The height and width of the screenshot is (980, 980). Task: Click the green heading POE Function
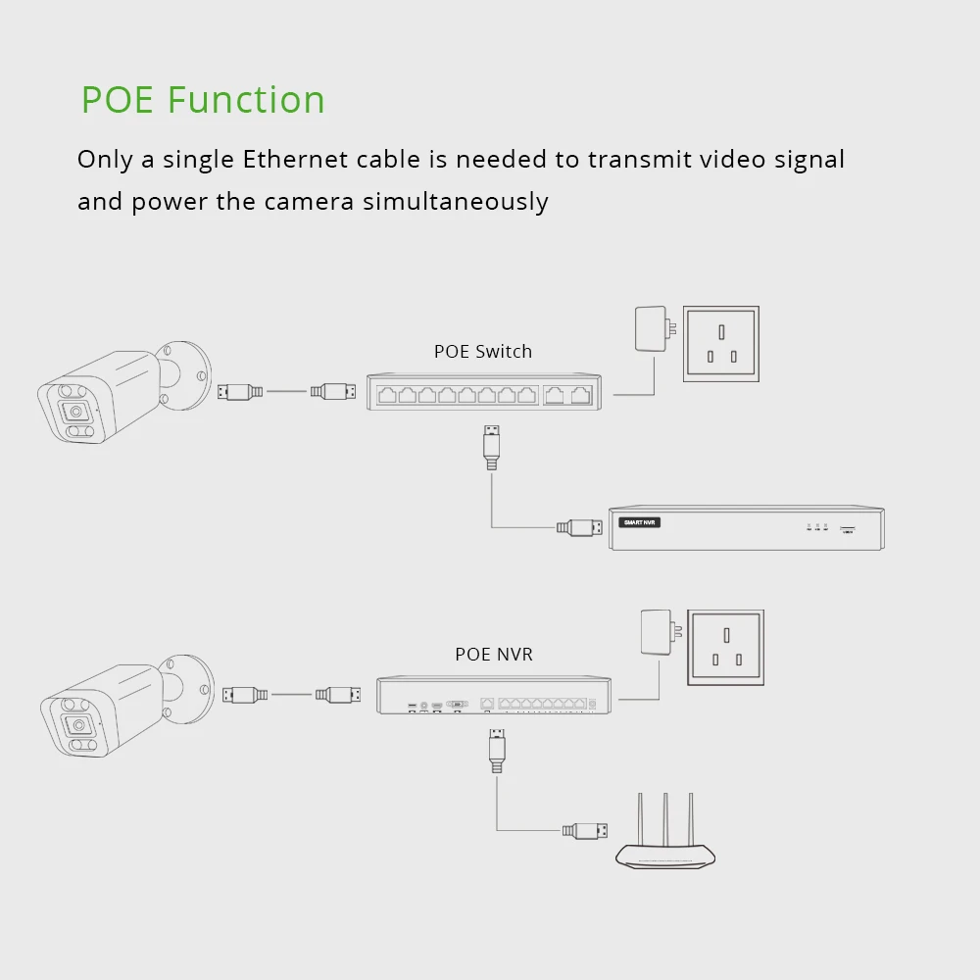point(203,100)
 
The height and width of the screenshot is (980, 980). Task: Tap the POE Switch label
point(482,351)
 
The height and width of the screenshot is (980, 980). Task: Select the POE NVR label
point(493,654)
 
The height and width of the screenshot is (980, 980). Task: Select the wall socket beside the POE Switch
point(719,345)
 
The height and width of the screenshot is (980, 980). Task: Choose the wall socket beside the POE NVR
point(725,648)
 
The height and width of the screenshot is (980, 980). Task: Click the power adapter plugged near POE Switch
point(651,330)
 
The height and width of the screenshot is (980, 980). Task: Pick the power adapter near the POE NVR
point(655,633)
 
